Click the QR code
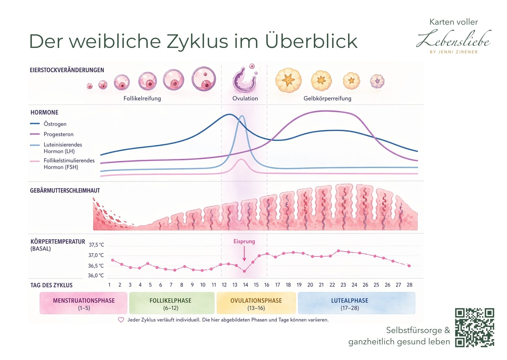[x=474, y=327]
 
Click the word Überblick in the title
[x=311, y=41]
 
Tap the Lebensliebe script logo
[x=454, y=39]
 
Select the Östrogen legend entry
[x=55, y=124]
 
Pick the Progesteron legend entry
[x=58, y=134]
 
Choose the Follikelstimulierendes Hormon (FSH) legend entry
[x=69, y=164]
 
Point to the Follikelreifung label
[x=142, y=98]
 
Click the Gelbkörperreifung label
[x=327, y=98]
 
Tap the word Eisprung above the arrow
[x=244, y=241]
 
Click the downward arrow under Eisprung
[x=244, y=253]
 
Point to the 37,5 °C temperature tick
[x=96, y=245]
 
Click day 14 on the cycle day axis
[x=245, y=285]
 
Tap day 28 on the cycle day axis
[x=409, y=285]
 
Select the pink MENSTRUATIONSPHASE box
[x=84, y=303]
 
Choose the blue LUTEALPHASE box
[x=356, y=303]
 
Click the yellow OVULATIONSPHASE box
[x=256, y=303]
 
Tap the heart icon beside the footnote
[x=121, y=320]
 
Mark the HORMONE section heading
[x=44, y=112]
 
